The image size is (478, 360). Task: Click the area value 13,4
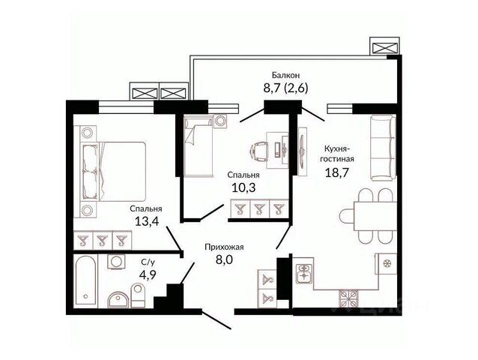[147, 221]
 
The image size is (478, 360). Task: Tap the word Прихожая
[224, 247]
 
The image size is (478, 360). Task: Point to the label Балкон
[285, 75]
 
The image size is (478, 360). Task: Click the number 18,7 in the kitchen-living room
[337, 172]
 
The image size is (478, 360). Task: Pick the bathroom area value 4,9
[148, 275]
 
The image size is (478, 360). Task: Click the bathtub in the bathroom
[87, 281]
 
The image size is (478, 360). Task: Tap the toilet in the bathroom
[138, 295]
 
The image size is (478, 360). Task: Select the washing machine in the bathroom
[116, 262]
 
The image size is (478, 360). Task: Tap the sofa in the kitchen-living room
[383, 147]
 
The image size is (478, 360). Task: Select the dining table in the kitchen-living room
[375, 216]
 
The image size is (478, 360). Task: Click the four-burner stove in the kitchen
[348, 298]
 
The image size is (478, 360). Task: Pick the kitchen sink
[304, 274]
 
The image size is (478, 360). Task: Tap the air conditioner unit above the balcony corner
[384, 46]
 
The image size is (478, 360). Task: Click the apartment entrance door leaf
[217, 320]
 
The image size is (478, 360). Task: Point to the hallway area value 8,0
[224, 260]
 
